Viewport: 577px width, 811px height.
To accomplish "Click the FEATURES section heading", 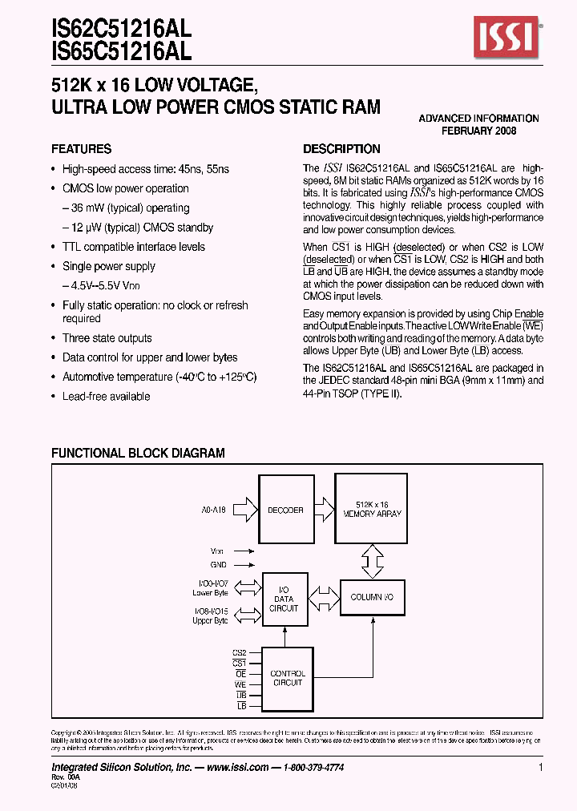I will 81,149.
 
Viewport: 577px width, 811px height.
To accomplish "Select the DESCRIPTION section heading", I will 341,149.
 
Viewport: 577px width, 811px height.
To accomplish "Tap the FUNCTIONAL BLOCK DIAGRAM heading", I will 138,454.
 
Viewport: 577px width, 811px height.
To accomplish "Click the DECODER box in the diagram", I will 286,510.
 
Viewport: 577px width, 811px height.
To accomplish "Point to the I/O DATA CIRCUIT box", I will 284,599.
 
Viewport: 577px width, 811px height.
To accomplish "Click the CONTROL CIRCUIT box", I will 287,678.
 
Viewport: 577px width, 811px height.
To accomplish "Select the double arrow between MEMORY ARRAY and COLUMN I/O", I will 372,561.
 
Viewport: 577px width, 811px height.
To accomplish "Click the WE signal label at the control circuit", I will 240,685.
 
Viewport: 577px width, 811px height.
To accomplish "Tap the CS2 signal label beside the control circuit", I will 240,654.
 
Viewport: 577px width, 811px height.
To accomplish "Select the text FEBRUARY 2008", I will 479,131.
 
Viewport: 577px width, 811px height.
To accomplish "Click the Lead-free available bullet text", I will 106,397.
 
